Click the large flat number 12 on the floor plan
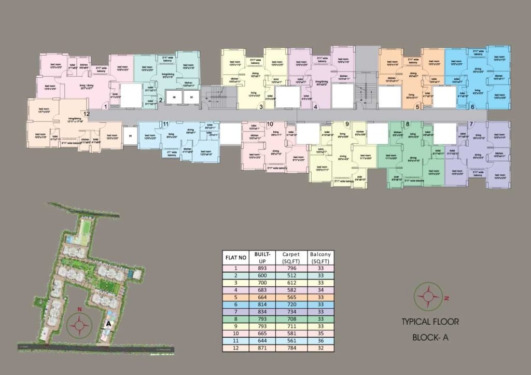tap(87, 114)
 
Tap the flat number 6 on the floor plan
tap(472, 107)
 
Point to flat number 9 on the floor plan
tap(347, 124)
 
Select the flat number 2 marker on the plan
tap(161, 100)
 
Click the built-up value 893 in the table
tap(261, 268)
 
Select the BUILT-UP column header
tap(261, 257)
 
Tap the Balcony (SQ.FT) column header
tap(320, 257)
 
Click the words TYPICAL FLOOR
tap(430, 322)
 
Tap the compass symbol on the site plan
tap(80, 326)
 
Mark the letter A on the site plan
tap(108, 323)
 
